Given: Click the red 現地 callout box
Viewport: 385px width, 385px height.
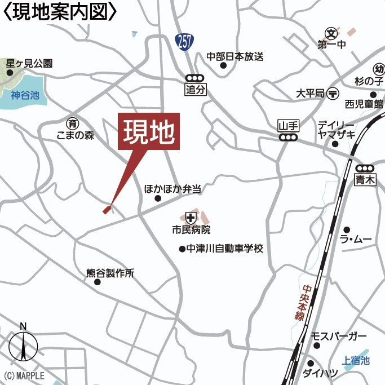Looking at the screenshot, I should click(x=149, y=131).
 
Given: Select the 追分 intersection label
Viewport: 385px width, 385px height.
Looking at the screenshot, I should click(x=194, y=89).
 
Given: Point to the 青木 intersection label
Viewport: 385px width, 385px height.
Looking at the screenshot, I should click(x=365, y=180).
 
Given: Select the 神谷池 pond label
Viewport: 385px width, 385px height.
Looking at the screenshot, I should click(x=25, y=95).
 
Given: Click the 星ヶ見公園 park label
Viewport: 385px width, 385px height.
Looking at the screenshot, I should click(x=29, y=64).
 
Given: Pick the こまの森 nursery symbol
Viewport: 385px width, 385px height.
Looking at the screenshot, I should click(x=72, y=123).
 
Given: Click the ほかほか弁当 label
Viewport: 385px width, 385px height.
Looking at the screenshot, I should click(x=172, y=189).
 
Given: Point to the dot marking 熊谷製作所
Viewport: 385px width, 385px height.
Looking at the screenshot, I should click(x=97, y=282).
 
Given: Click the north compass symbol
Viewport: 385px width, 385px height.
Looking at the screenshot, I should click(x=23, y=344).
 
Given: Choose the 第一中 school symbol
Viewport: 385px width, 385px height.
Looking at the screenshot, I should click(x=330, y=33).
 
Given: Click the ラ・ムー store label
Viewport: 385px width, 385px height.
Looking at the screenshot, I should click(x=356, y=240).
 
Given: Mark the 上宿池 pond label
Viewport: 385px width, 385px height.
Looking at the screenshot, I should click(x=356, y=361).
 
